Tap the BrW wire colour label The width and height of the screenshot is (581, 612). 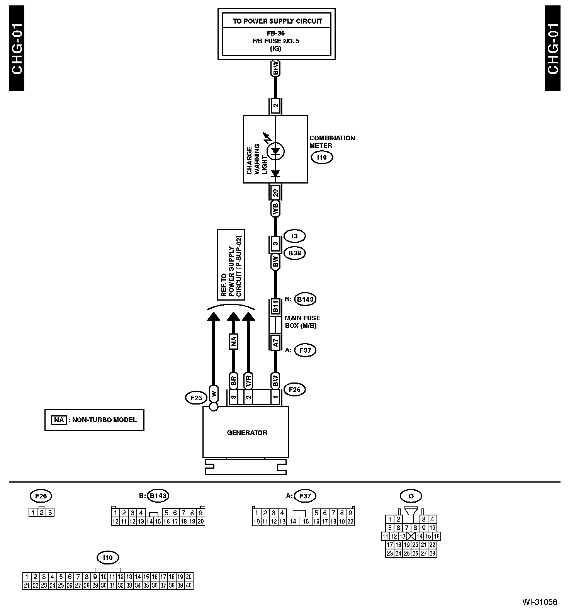(x=275, y=69)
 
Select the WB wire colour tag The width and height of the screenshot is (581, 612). (x=275, y=209)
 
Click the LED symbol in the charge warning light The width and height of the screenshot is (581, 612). (x=275, y=151)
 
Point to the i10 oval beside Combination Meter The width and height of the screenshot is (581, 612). (x=321, y=157)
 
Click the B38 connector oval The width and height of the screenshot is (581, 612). (x=294, y=253)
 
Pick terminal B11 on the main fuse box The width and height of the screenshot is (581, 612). (x=275, y=306)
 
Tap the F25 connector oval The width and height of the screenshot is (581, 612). (x=196, y=398)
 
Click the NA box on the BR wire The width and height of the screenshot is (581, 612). (x=233, y=342)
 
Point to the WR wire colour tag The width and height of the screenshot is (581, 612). (x=248, y=381)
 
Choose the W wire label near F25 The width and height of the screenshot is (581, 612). (x=214, y=394)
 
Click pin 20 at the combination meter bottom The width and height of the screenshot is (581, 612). (x=275, y=192)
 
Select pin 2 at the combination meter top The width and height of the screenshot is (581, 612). (x=275, y=105)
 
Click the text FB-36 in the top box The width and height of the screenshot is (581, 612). (x=276, y=34)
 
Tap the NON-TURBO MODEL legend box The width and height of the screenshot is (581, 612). (x=94, y=420)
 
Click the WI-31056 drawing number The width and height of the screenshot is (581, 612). (x=539, y=602)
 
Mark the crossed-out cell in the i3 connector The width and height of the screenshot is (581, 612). (x=411, y=536)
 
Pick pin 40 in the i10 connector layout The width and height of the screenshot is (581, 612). (x=189, y=585)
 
